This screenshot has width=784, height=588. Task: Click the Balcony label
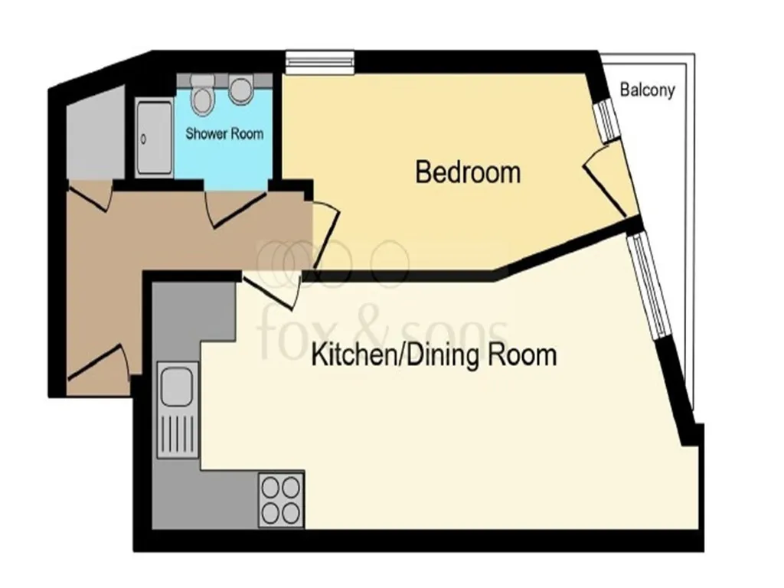pyautogui.click(x=648, y=90)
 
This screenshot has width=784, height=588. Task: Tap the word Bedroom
pyautogui.click(x=468, y=172)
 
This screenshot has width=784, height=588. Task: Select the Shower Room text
pyautogui.click(x=224, y=133)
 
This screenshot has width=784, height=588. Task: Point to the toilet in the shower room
pyautogui.click(x=202, y=94)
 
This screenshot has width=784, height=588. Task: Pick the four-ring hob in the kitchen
pyautogui.click(x=281, y=500)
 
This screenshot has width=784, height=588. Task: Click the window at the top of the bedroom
pyautogui.click(x=320, y=63)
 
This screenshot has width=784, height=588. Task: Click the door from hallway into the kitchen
pyautogui.click(x=272, y=289)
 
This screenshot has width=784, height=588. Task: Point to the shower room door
pyautogui.click(x=235, y=208)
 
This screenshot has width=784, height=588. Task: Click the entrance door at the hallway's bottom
pyautogui.click(x=98, y=361)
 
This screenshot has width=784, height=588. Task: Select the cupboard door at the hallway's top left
pyautogui.click(x=89, y=195)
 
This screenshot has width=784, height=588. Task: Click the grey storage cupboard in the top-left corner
pyautogui.click(x=95, y=133)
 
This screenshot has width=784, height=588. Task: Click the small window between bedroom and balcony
pyautogui.click(x=607, y=121)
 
